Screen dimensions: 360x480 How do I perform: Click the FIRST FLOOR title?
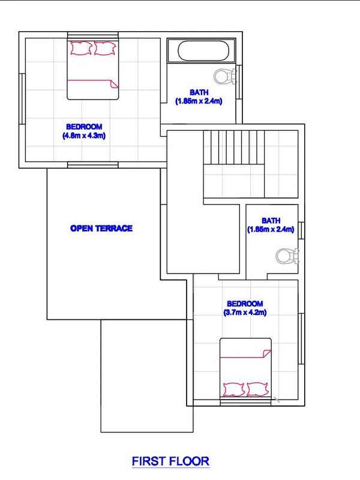[x=170, y=461]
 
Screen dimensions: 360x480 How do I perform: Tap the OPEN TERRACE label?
[x=101, y=229]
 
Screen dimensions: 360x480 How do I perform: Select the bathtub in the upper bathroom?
[x=202, y=50]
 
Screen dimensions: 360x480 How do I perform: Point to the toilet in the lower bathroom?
[x=287, y=256]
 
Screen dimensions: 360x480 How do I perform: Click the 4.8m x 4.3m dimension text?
[x=84, y=136]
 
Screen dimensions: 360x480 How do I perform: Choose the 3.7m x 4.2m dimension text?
[x=245, y=313]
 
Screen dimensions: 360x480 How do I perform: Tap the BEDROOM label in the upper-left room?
[x=84, y=127]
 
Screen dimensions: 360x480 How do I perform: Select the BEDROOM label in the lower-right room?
[x=245, y=304]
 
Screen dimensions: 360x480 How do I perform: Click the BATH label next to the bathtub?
[x=199, y=92]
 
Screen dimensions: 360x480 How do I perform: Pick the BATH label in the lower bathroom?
[x=271, y=220]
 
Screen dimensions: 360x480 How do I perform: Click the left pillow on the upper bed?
[x=82, y=49]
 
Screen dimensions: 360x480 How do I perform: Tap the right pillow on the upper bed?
[x=104, y=49]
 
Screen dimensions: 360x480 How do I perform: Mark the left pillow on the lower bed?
[x=234, y=389]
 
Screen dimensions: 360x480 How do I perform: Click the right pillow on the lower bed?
[x=258, y=389]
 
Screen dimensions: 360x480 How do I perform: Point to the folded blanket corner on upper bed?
[x=114, y=84]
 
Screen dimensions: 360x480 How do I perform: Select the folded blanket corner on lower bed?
[x=266, y=353]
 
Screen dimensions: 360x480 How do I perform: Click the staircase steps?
[x=234, y=147]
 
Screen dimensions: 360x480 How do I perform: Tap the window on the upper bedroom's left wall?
[x=22, y=99]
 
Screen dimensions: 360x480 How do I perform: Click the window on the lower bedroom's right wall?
[x=301, y=338]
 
